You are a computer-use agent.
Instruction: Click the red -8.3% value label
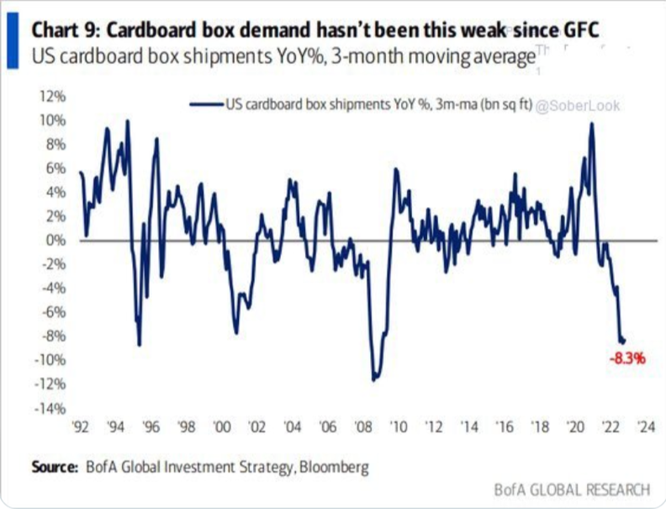click(627, 358)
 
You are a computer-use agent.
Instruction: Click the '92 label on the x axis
click(82, 426)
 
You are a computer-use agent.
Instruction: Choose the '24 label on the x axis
click(647, 426)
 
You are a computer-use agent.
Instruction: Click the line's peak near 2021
click(592, 124)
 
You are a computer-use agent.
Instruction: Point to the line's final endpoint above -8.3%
click(624, 341)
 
